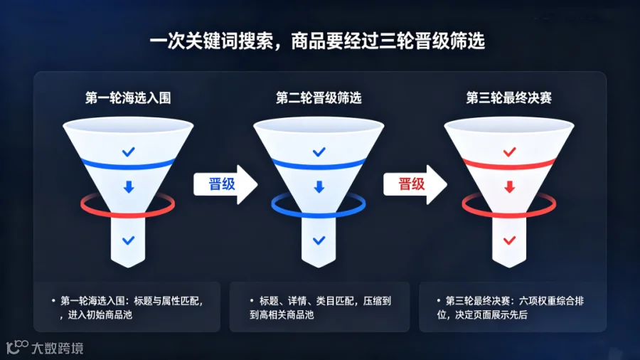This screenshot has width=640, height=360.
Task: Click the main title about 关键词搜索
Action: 317,41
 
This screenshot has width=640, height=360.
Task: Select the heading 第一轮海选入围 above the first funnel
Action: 128,98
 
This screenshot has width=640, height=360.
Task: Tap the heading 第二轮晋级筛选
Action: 319,98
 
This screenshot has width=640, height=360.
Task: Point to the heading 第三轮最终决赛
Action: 509,98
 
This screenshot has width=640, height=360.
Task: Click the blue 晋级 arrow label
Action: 222,184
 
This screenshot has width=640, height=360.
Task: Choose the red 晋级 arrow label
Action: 412,184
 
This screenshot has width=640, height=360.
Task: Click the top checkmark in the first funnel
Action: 129,152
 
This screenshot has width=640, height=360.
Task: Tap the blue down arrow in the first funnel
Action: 129,187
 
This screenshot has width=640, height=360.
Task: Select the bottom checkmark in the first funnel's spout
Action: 129,240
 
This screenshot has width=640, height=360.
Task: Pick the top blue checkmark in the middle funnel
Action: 319,152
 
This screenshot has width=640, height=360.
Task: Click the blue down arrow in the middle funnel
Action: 319,187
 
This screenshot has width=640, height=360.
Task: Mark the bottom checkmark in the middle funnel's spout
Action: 319,240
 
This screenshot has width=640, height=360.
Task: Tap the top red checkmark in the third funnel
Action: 509,152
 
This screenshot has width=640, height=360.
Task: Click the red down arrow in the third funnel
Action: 509,187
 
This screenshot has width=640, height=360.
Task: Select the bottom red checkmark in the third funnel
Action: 509,240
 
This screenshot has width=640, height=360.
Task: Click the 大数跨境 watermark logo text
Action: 58,348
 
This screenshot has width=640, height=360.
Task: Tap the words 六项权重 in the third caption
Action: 537,301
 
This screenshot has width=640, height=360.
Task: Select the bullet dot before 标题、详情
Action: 252,301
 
